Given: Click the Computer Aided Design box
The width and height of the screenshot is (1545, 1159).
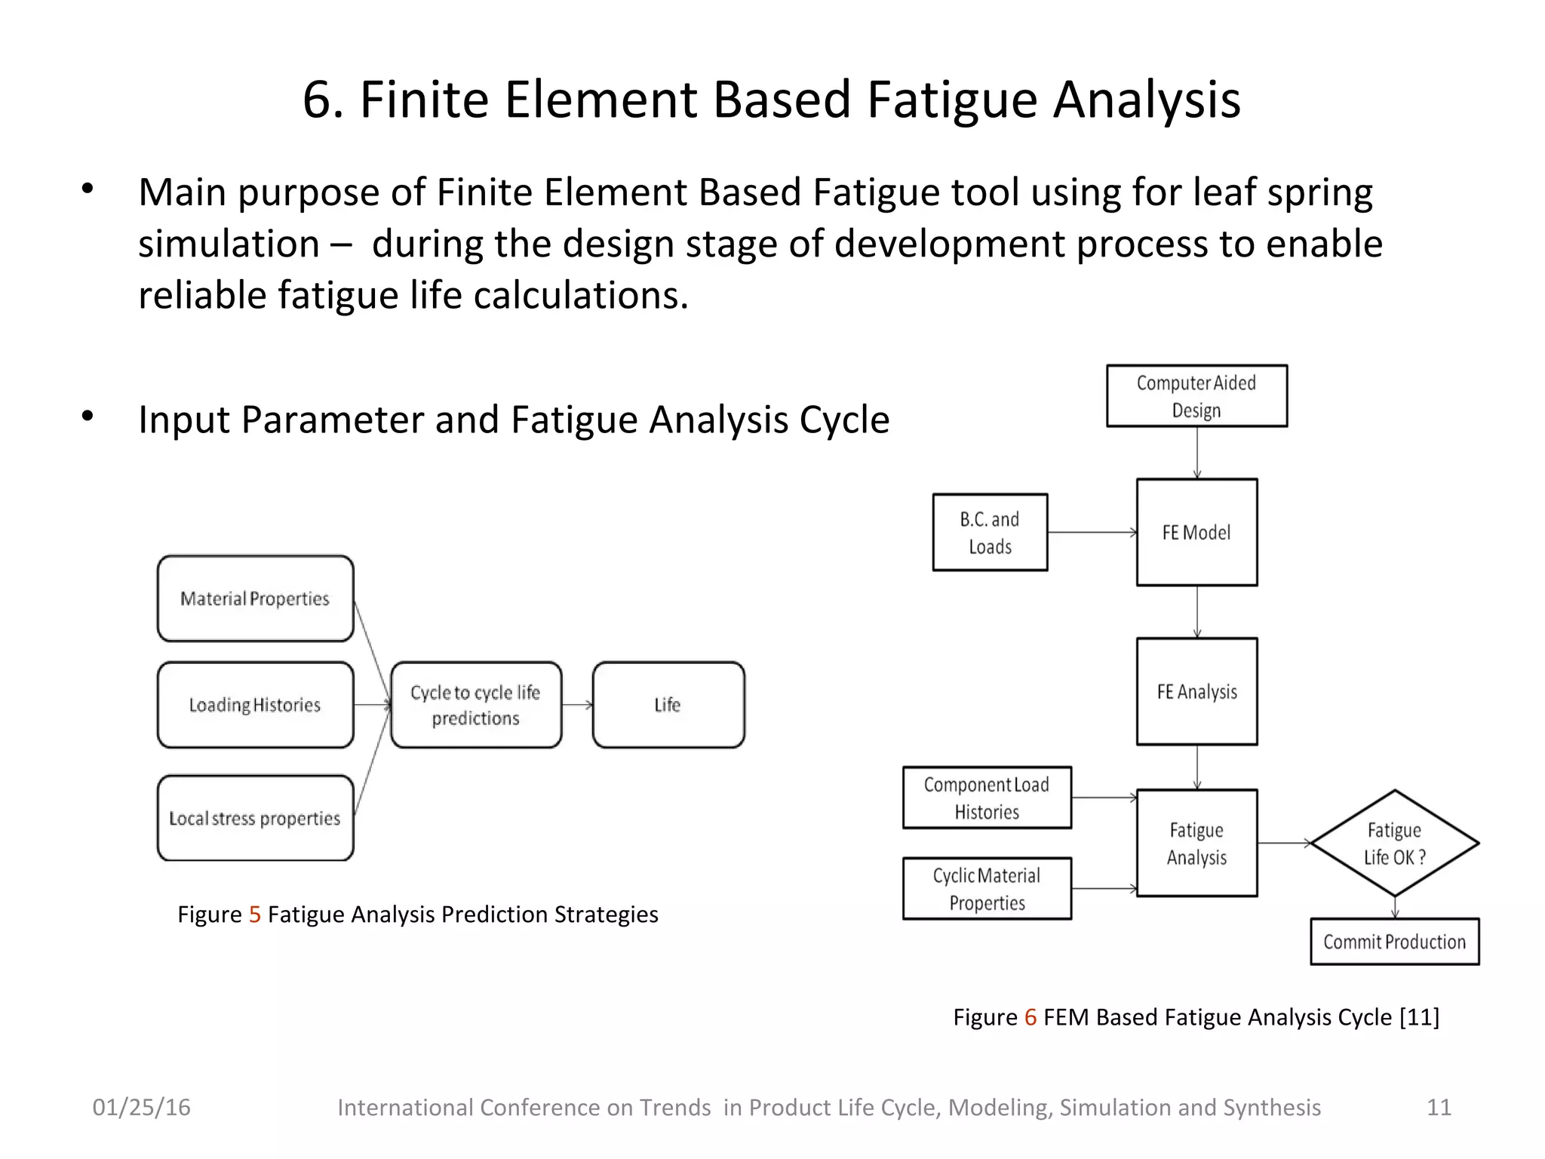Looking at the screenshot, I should click(x=1196, y=396).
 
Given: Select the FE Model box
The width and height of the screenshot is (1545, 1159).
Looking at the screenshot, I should click(x=1196, y=532).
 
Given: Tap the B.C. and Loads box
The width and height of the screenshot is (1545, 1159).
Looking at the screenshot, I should click(x=990, y=532).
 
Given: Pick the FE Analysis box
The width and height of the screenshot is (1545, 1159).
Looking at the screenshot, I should click(x=1196, y=691).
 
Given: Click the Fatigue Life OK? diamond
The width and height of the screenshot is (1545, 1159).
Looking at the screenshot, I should click(x=1394, y=843).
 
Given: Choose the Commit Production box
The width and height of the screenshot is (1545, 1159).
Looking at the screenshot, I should click(x=1394, y=942).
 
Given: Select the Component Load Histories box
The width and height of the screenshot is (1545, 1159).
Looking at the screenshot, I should click(x=987, y=798).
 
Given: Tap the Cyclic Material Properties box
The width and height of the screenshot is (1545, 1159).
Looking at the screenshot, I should click(x=987, y=888).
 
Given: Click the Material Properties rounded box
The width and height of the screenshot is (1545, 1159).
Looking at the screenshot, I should click(x=255, y=598).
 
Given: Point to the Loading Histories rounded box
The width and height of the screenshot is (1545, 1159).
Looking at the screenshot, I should click(x=255, y=705).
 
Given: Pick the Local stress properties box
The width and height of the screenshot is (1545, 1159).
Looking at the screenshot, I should click(x=255, y=818).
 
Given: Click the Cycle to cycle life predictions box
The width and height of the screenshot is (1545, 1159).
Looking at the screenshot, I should click(x=476, y=705).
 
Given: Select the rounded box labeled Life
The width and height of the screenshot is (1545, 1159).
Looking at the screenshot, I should click(x=668, y=705).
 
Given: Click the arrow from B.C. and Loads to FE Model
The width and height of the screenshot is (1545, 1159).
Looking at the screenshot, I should click(x=1092, y=532).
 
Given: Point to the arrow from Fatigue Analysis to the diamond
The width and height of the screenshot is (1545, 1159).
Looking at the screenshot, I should click(x=1284, y=843).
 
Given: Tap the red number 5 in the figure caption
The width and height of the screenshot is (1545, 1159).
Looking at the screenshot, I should click(x=255, y=915).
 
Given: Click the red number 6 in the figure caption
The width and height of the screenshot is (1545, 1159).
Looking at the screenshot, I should click(x=1031, y=1017).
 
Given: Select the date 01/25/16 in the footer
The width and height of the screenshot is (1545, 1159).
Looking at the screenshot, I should click(x=142, y=1107).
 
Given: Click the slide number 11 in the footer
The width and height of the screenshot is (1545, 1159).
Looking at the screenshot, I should click(x=1439, y=1107).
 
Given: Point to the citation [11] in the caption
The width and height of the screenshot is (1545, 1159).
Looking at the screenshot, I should click(x=1419, y=1017).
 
